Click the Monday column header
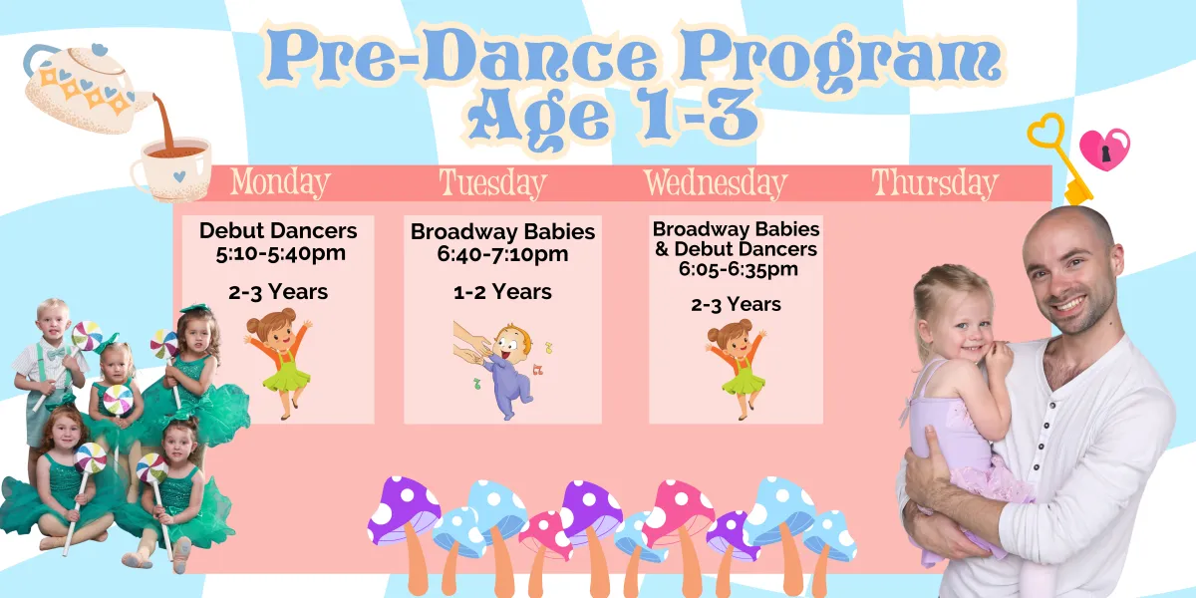coord(280,183)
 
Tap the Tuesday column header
coord(492,183)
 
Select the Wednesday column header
coord(715,183)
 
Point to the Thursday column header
coord(935,183)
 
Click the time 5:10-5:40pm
coord(281,253)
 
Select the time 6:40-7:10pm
coord(502,254)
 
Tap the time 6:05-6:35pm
coord(738,269)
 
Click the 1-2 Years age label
coord(502,292)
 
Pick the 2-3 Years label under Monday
coord(278,292)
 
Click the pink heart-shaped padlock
coord(1104,149)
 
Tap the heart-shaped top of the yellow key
coord(1046,132)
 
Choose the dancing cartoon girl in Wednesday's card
coord(737,369)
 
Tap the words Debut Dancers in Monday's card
coord(278,230)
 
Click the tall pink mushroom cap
coord(678,510)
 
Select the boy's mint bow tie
coord(55,354)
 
